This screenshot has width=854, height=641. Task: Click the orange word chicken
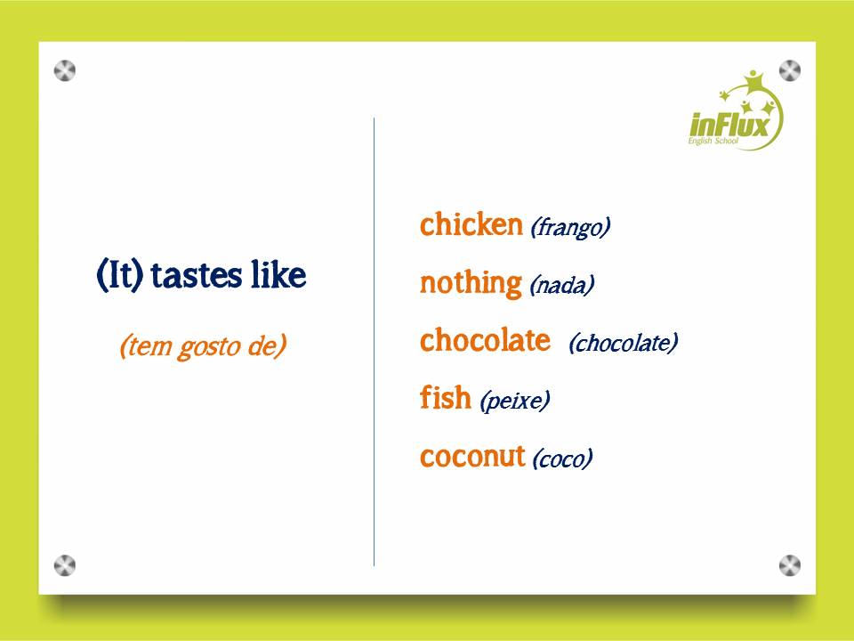(x=471, y=225)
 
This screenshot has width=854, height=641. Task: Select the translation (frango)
(x=570, y=228)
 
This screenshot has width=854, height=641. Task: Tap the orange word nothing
(x=471, y=284)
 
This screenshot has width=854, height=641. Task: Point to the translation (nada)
(x=561, y=286)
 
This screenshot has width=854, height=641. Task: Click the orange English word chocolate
(x=485, y=341)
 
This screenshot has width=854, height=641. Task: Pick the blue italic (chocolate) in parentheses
(x=623, y=343)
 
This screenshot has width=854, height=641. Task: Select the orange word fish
(x=445, y=398)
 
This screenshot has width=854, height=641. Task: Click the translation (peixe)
(x=514, y=402)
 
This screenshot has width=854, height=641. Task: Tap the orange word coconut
(x=472, y=457)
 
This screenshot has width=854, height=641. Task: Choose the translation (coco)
(x=562, y=459)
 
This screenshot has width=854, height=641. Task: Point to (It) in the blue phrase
(x=120, y=276)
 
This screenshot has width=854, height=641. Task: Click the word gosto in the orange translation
(x=203, y=346)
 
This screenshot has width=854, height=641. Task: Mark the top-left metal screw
(x=65, y=70)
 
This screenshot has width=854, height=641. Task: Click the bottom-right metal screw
(x=790, y=564)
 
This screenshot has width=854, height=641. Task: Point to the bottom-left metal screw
(x=65, y=564)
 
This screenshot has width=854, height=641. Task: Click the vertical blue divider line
(x=374, y=356)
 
